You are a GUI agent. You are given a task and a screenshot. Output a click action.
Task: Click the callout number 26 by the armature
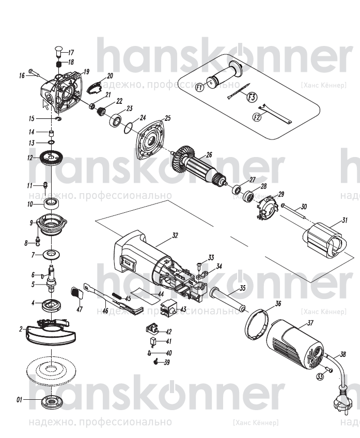pos(209,154)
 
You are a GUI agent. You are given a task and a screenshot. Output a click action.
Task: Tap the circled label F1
pos(199,87)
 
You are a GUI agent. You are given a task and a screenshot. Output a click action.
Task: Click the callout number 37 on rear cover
pos(310,323)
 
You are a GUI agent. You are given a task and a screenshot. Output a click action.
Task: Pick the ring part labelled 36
pos(257,324)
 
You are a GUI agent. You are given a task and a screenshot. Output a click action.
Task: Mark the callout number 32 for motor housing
pos(175,235)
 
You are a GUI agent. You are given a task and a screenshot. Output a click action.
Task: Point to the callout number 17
pos(71,52)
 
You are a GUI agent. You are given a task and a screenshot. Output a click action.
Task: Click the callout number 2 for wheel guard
pos(21,328)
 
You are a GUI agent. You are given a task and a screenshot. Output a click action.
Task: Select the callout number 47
pos(80,310)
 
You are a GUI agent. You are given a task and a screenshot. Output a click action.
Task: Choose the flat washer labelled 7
pos(51,254)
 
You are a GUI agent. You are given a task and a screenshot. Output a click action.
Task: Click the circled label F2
pos(256,117)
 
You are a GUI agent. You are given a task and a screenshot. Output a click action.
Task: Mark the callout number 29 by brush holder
pos(281,194)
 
